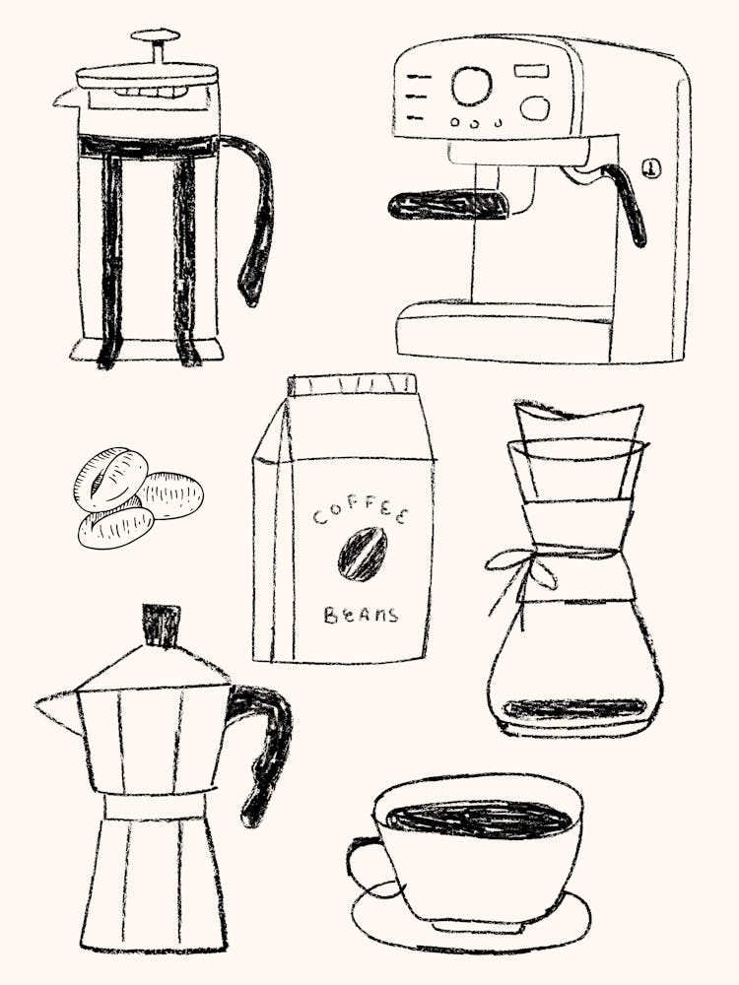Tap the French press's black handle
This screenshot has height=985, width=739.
(x=258, y=212)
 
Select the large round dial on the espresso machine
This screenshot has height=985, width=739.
(x=471, y=86)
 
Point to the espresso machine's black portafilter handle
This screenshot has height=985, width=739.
(x=448, y=205)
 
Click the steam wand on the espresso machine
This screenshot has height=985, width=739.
(x=631, y=202)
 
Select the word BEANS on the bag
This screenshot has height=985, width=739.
(x=361, y=616)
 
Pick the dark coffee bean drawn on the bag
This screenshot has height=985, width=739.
(x=363, y=555)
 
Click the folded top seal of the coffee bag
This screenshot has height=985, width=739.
(x=351, y=384)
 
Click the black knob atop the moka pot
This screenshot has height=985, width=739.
(x=161, y=624)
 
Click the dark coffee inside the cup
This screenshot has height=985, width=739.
(x=479, y=819)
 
